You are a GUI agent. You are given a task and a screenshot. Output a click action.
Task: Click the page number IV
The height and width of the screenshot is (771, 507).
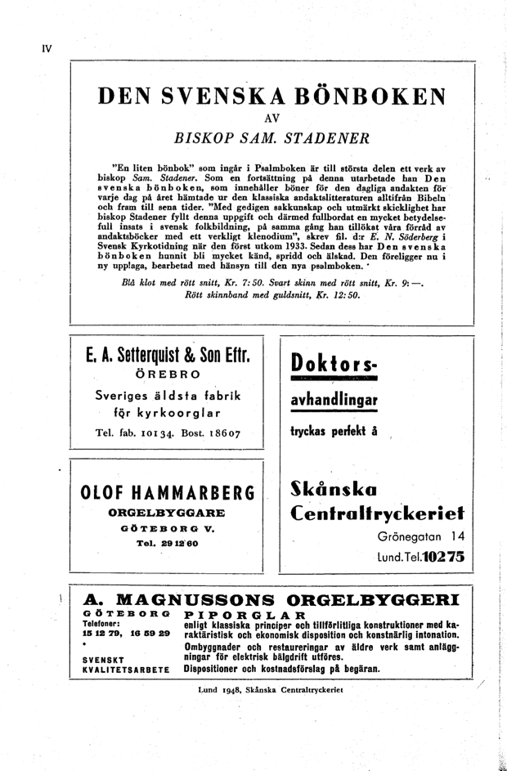(x=47, y=47)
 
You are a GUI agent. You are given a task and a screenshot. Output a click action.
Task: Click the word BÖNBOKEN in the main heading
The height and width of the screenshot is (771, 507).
(x=363, y=98)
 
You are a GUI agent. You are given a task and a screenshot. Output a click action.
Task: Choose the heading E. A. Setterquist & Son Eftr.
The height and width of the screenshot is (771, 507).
(x=167, y=357)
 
